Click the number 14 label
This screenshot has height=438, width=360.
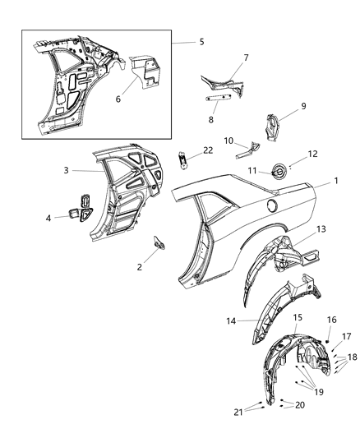click(232, 321)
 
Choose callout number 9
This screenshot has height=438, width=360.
click(303, 105)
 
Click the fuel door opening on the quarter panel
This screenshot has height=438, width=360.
click(272, 203)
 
